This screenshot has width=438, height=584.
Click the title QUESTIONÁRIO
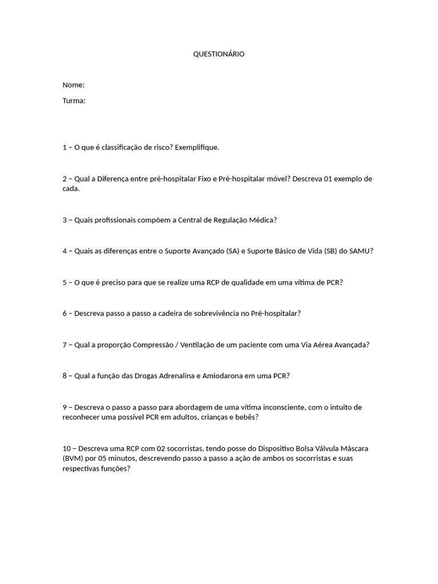(x=219, y=54)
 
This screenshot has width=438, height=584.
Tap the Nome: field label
(x=74, y=85)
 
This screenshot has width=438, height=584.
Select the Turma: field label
(x=74, y=101)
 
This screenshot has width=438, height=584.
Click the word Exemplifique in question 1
(x=196, y=147)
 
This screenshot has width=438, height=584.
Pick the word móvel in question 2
(x=277, y=179)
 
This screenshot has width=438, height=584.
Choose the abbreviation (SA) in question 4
(x=232, y=251)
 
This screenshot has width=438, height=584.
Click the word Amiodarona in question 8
(x=216, y=376)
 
